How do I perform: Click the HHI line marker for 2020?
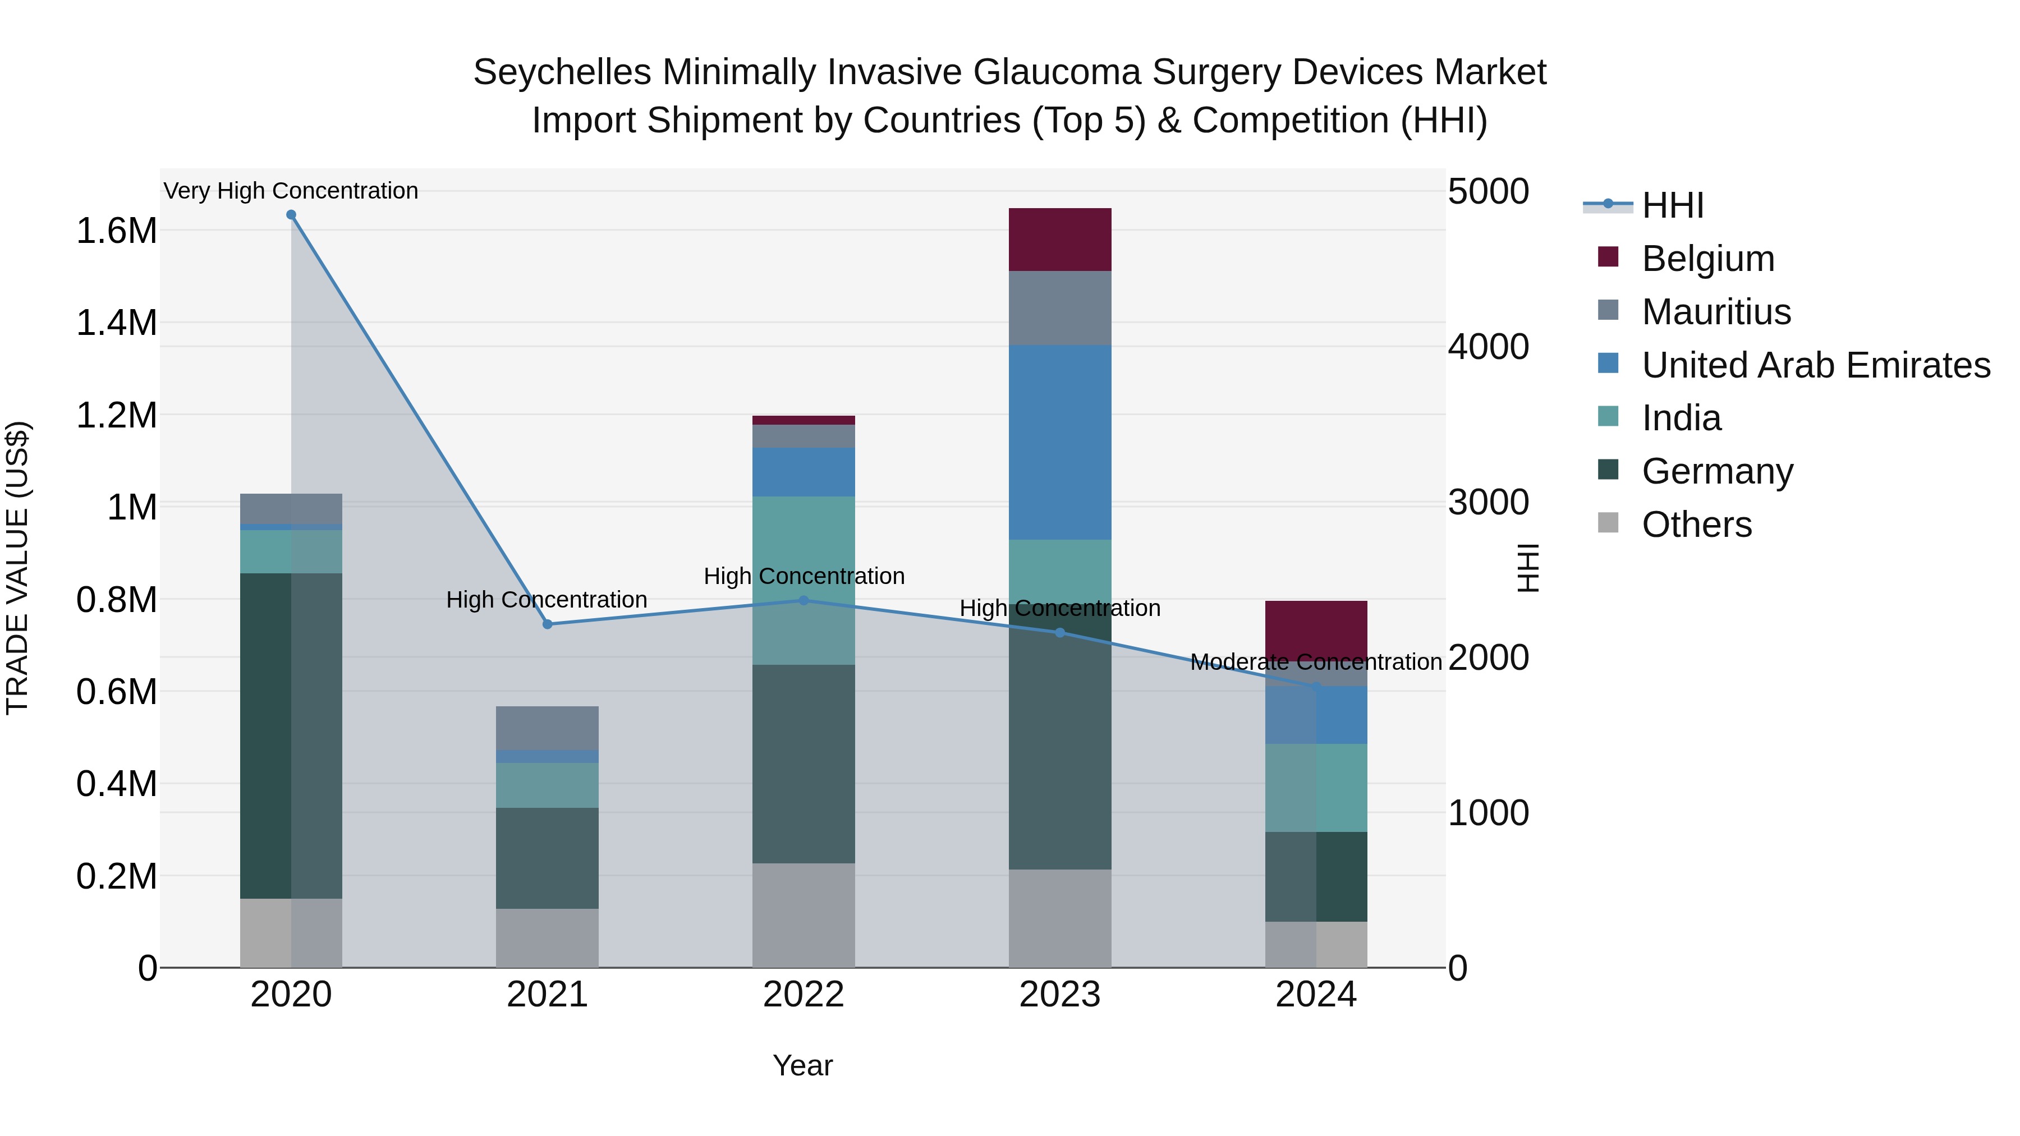coord(291,215)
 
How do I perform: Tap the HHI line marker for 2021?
coord(547,624)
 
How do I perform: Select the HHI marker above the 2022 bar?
coord(803,600)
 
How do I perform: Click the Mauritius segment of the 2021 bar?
coord(547,728)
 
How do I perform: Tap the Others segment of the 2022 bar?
coord(803,915)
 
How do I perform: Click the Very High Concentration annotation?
coord(291,191)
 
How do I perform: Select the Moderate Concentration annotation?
coord(1316,663)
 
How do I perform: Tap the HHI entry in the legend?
coord(1672,205)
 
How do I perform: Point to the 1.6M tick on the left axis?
coord(117,231)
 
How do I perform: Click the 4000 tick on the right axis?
coord(1488,347)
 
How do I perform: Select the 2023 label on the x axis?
coord(1059,995)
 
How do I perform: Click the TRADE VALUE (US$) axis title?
coord(18,568)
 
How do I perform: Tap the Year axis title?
coord(802,1065)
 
